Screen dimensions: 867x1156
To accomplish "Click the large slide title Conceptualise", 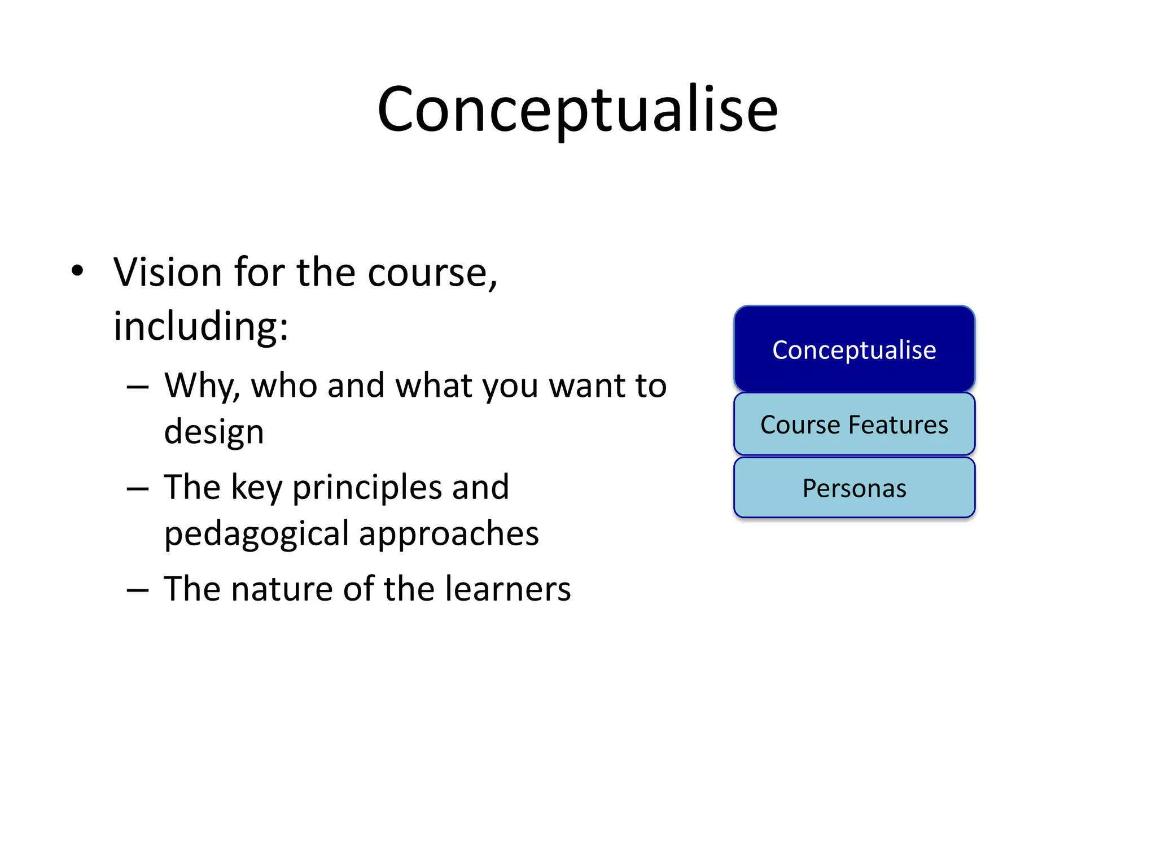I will pyautogui.click(x=577, y=110).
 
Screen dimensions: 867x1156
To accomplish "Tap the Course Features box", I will pyautogui.click(x=854, y=424).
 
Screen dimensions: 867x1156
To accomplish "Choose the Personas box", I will pyautogui.click(x=854, y=488).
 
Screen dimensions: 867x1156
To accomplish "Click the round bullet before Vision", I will pyautogui.click(x=77, y=272).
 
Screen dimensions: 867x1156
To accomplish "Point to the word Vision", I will pyautogui.click(x=168, y=273).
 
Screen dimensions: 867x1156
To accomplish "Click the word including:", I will pyautogui.click(x=200, y=326).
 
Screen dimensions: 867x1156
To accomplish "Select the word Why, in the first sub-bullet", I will pyautogui.click(x=202, y=387).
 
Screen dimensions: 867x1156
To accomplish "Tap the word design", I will pyautogui.click(x=214, y=432).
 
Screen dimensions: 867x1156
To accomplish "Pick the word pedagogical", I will pyautogui.click(x=256, y=534).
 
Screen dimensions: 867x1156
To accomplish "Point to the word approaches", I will pyautogui.click(x=449, y=534).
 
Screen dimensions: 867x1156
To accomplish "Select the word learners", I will pyautogui.click(x=507, y=589).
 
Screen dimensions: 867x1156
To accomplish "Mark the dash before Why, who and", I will pyautogui.click(x=138, y=388).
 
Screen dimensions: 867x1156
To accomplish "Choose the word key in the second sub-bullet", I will pyautogui.click(x=256, y=488).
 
